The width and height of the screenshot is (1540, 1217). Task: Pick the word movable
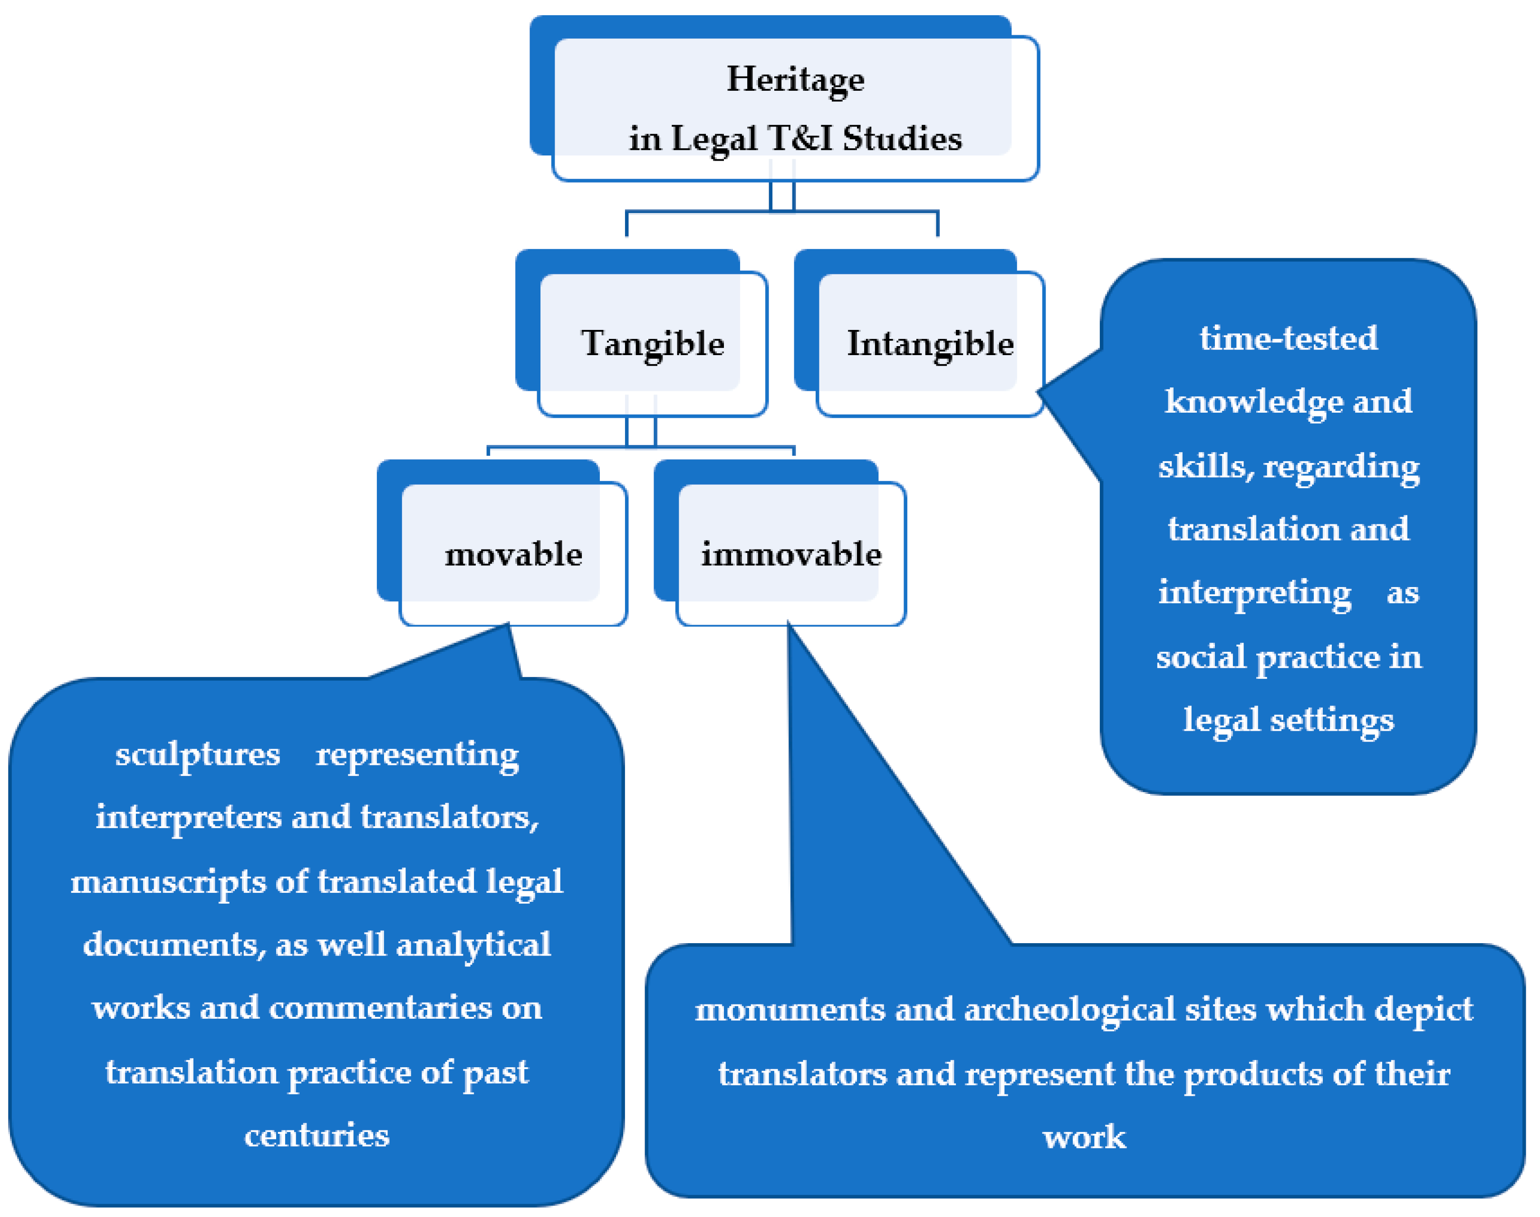pyautogui.click(x=513, y=554)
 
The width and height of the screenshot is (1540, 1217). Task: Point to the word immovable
pyautogui.click(x=790, y=554)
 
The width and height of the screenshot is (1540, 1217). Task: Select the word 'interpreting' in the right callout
pyautogui.click(x=1254, y=593)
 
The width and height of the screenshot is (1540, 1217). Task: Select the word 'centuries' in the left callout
pyautogui.click(x=316, y=1136)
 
